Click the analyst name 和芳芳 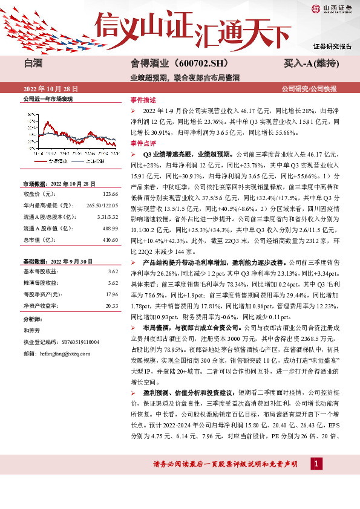point(31,330)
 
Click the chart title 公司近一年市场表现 point(47,98)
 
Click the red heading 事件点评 point(143,144)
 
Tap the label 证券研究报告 point(332,47)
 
